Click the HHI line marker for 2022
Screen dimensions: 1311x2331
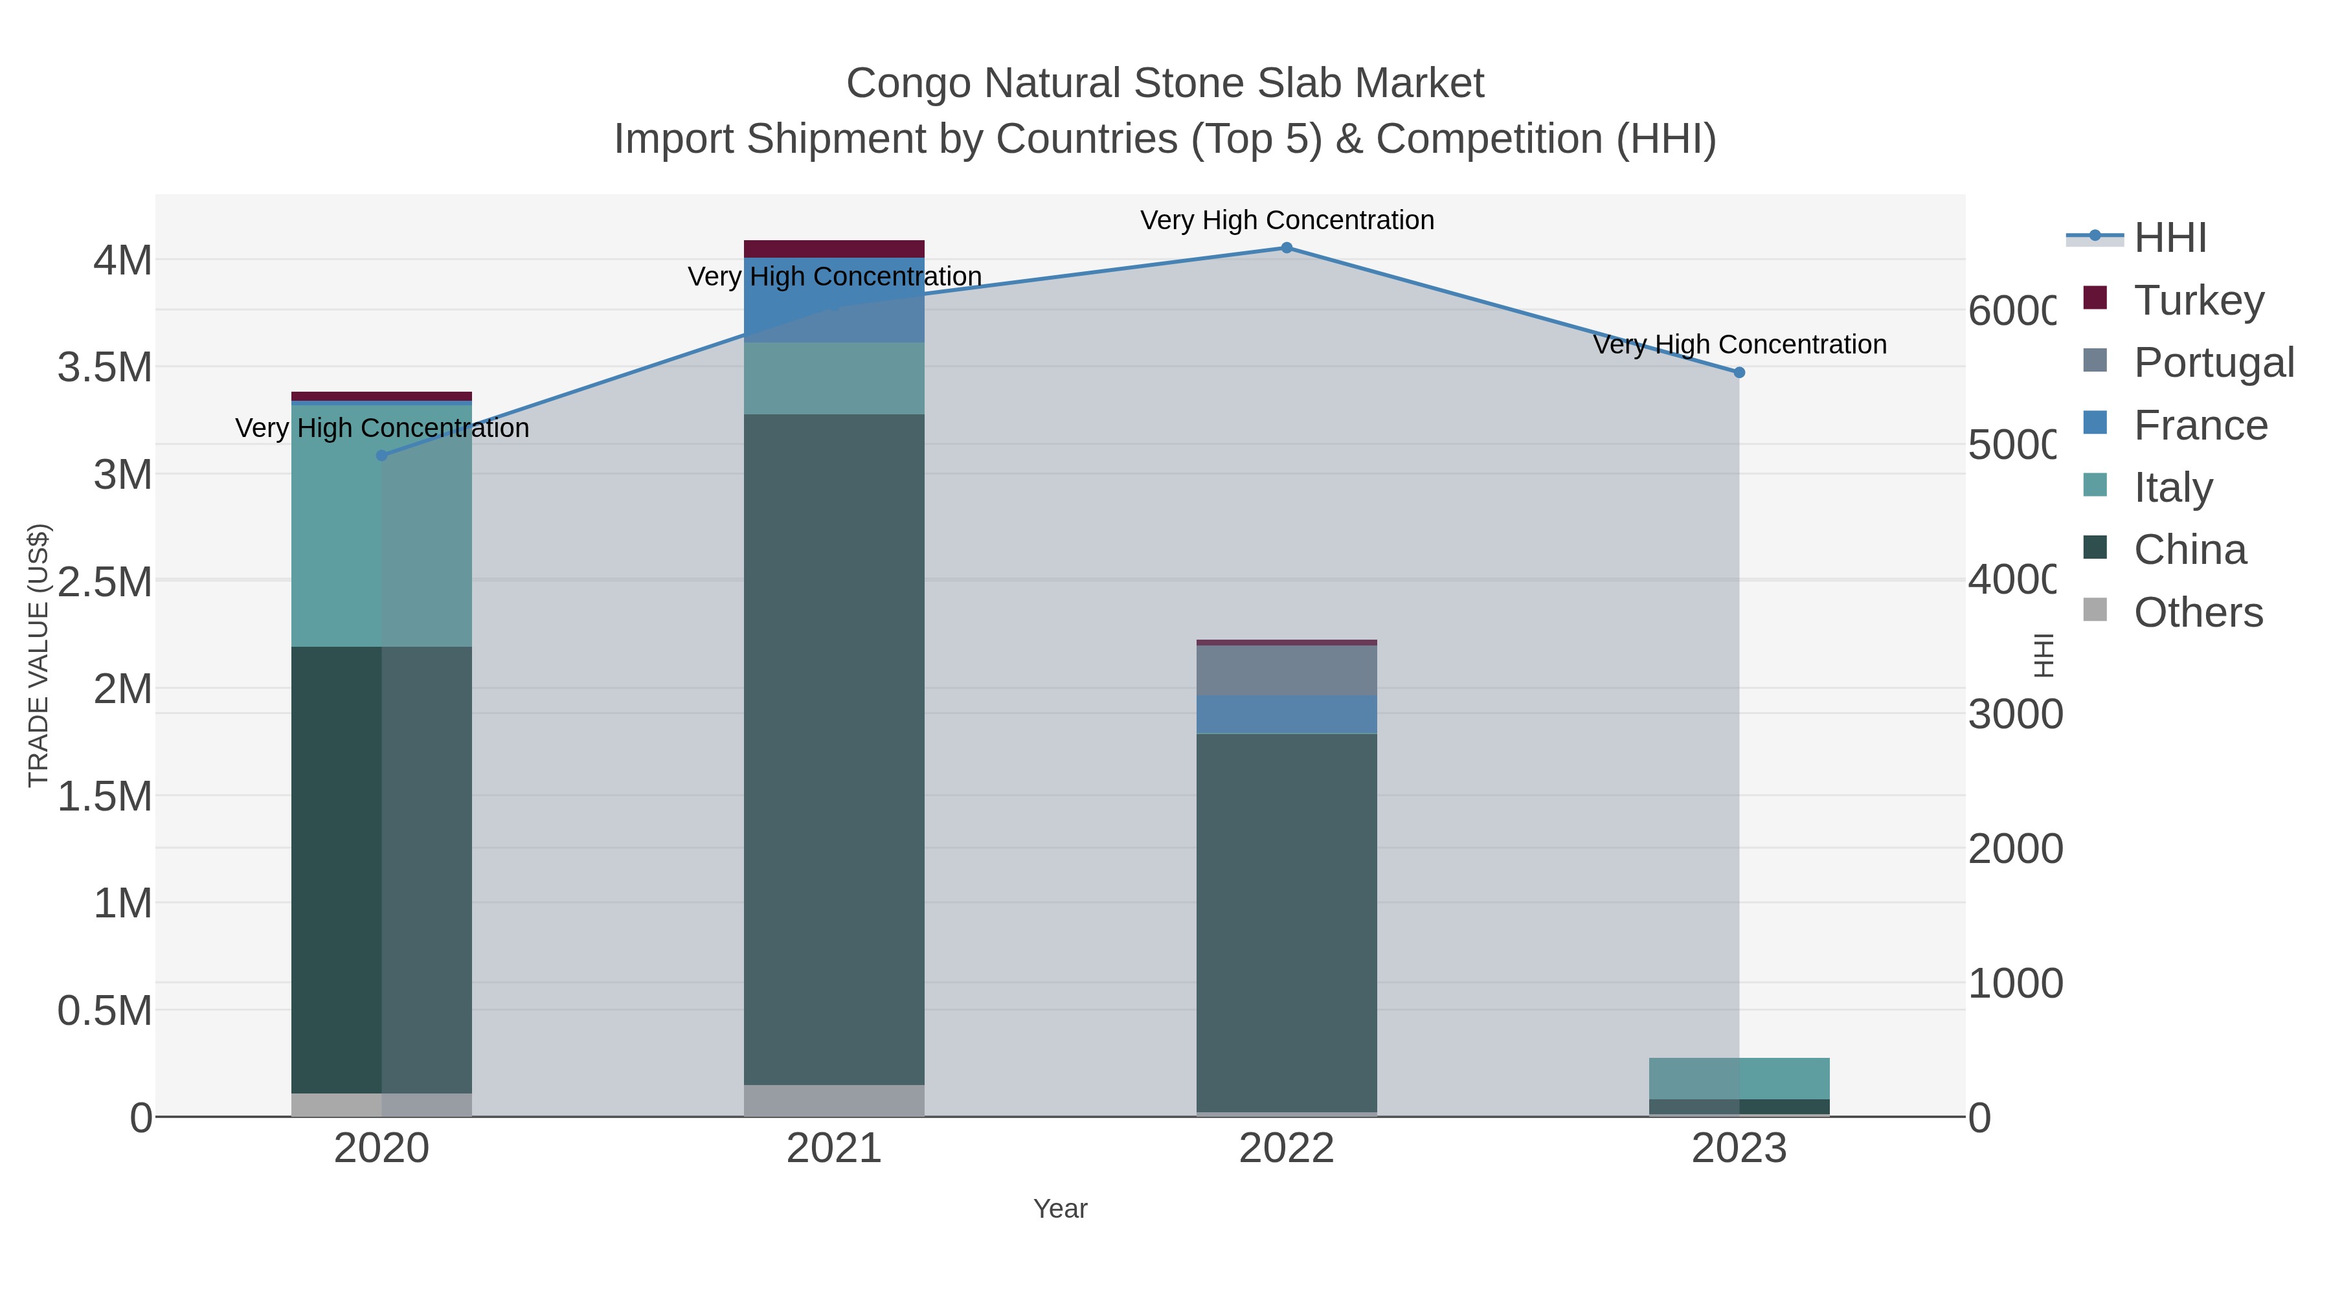click(x=1286, y=248)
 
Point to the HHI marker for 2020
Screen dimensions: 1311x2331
click(x=381, y=456)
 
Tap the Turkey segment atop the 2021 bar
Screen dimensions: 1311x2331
click(x=833, y=249)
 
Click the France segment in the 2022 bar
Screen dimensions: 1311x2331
click(x=1286, y=715)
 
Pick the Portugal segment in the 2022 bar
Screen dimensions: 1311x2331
click(x=1286, y=671)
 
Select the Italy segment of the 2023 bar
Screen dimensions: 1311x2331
click(x=1739, y=1079)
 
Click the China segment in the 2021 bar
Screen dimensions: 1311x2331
click(x=833, y=749)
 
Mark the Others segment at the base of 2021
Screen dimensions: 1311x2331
click(x=833, y=1100)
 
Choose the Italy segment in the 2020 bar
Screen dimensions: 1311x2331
click(x=381, y=525)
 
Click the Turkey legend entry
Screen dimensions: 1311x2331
click(x=2198, y=300)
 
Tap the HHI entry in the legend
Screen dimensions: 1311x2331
click(x=2169, y=238)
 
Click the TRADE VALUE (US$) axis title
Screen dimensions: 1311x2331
click(x=39, y=655)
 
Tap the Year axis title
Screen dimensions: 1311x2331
click(x=1059, y=1209)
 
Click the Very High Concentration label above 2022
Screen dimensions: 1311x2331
click(x=1286, y=220)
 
